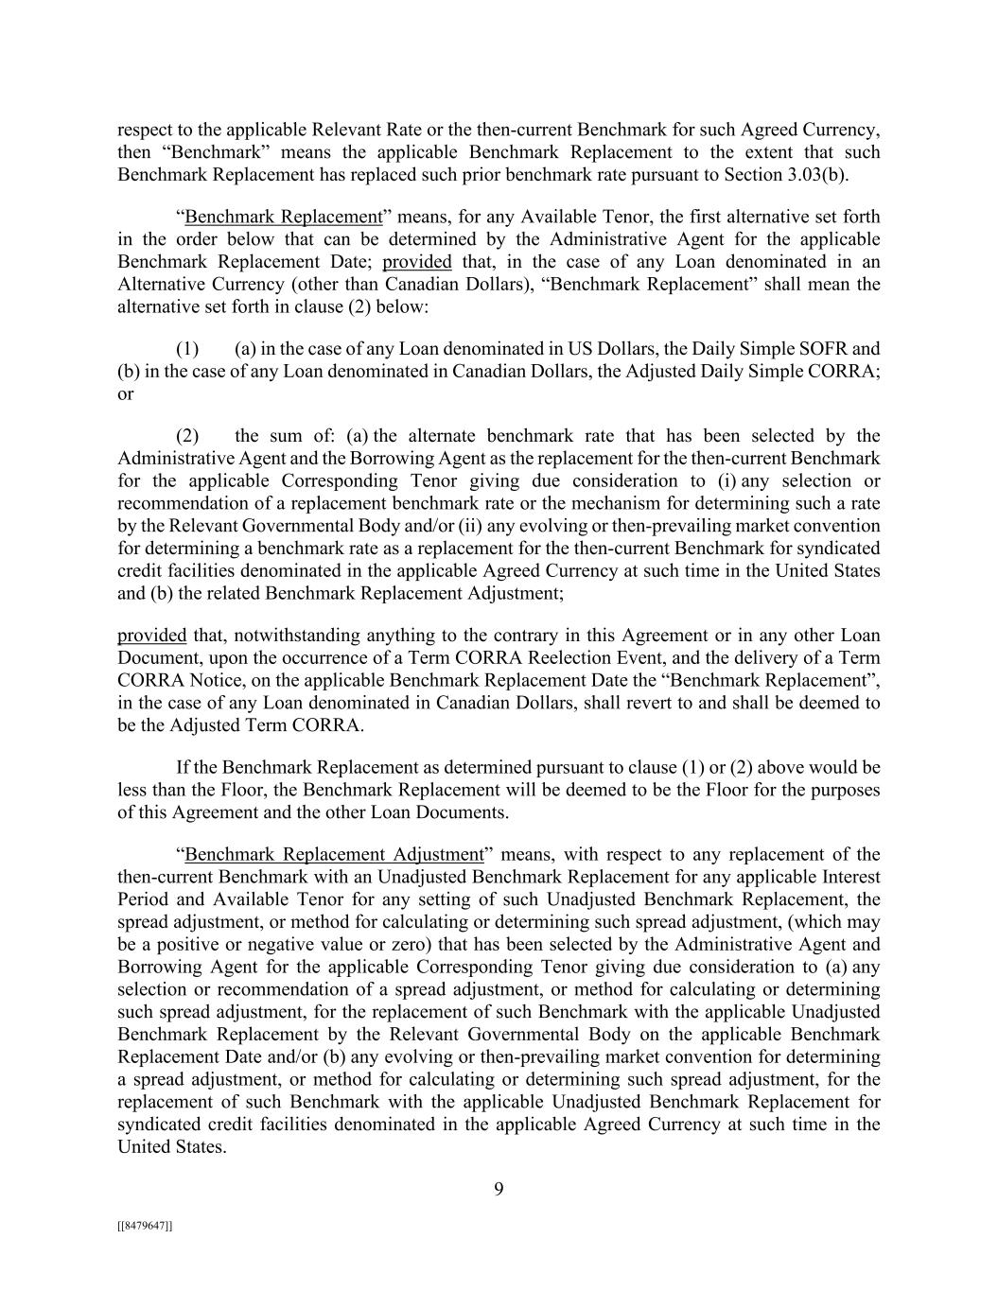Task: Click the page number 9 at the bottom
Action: [499, 1189]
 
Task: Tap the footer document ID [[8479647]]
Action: [145, 1226]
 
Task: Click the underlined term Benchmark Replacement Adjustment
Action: [334, 855]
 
